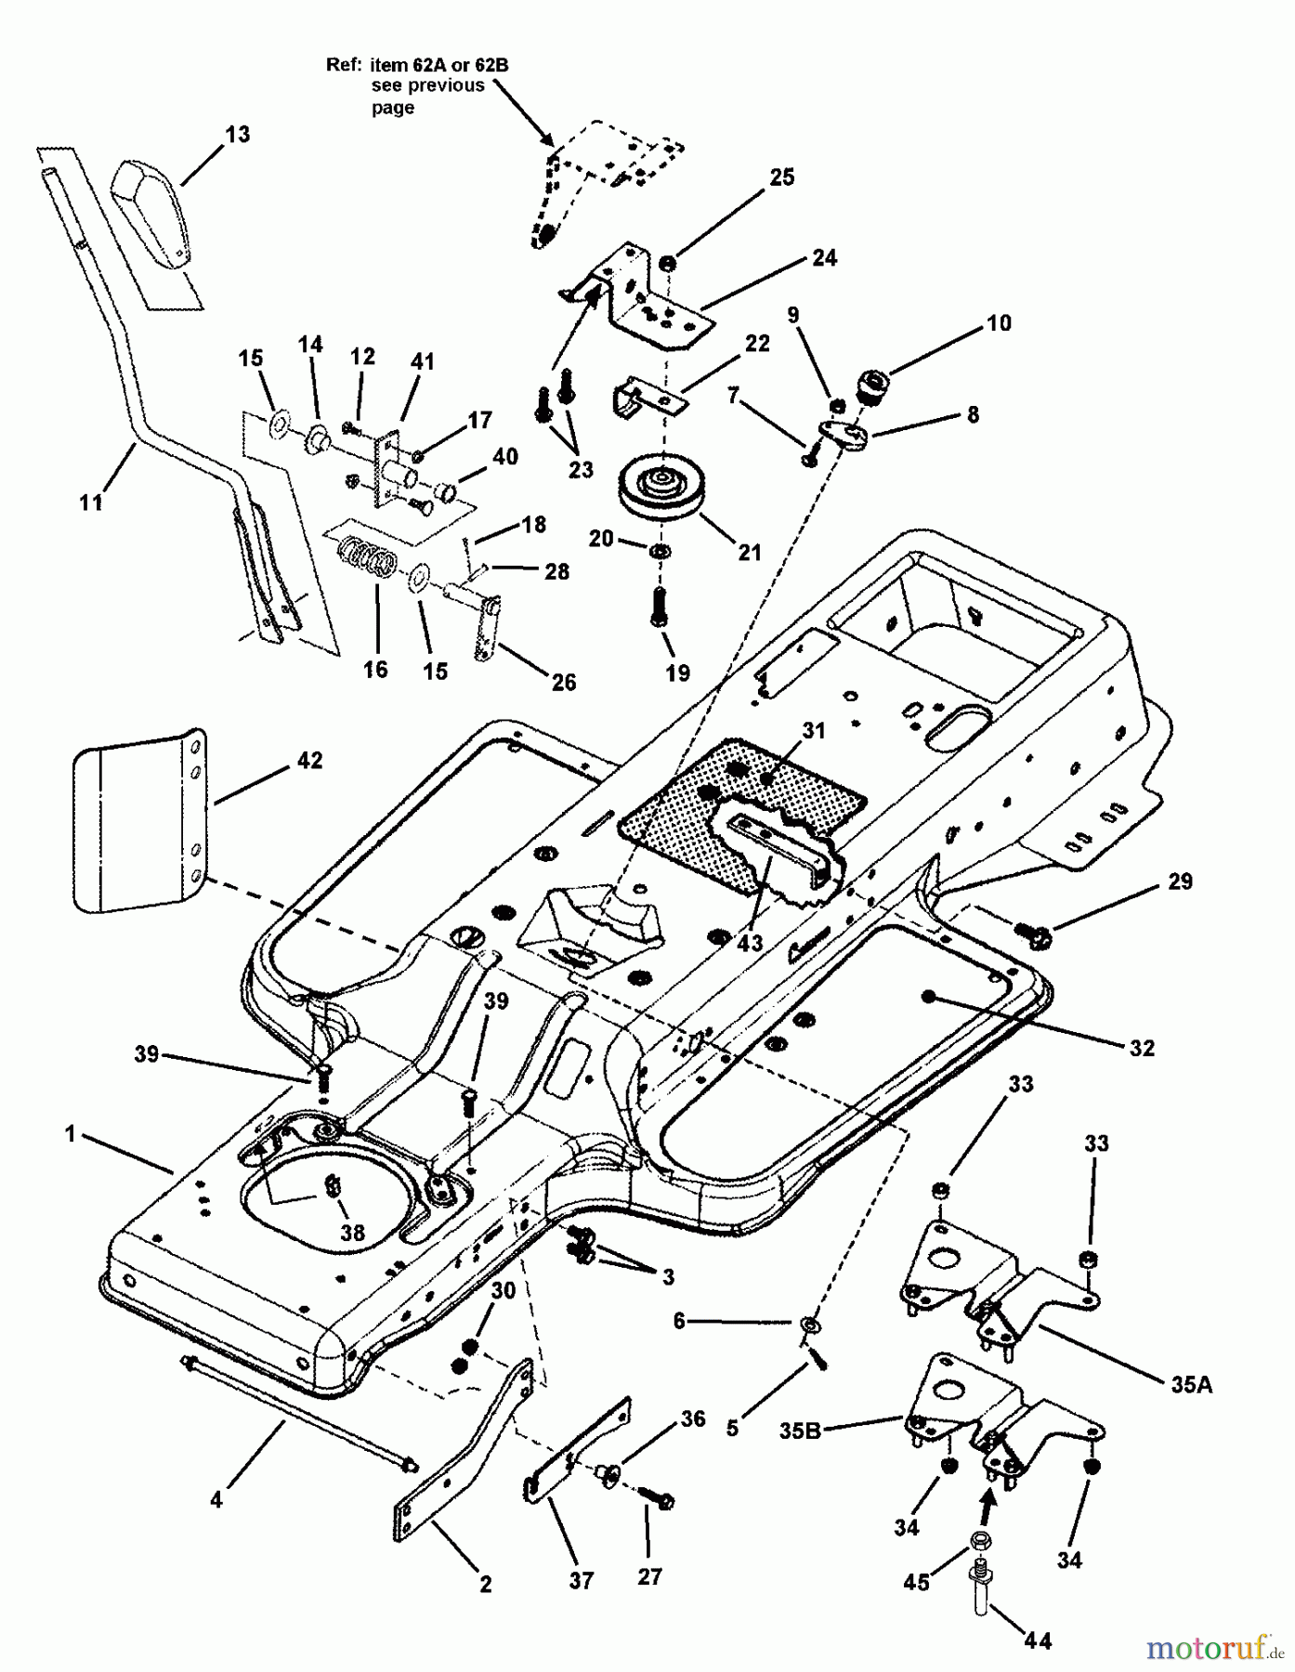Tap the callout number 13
point(238,134)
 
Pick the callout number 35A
point(1191,1386)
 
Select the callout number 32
point(1142,1048)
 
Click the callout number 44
point(1038,1641)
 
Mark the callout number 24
point(824,257)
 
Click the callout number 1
point(69,1134)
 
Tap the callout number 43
point(750,943)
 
